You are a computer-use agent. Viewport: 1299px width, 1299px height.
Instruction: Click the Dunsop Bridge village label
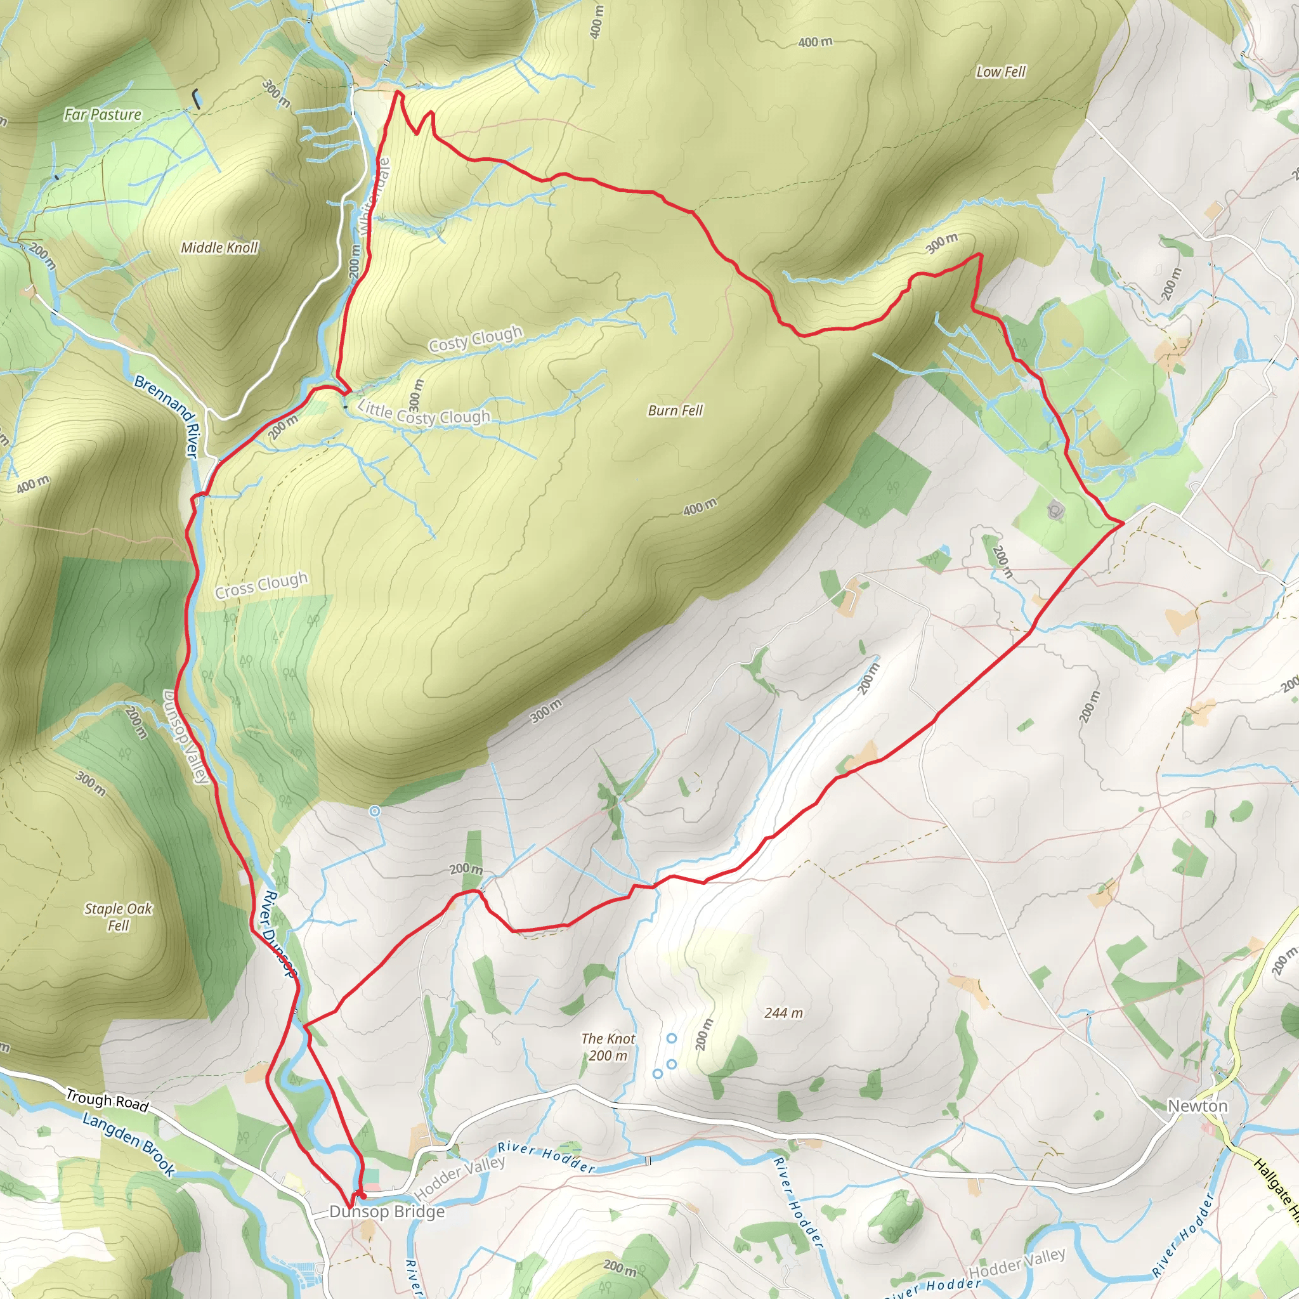pos(387,1211)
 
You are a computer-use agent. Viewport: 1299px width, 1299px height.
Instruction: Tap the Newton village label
pos(1198,1106)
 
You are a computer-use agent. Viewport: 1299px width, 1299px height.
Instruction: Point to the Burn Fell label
pos(675,410)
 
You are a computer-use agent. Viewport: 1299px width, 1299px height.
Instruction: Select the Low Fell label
pos(1000,71)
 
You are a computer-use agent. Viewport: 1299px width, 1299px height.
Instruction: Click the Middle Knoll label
pos(219,247)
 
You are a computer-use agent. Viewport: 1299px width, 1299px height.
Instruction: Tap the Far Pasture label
pos(103,114)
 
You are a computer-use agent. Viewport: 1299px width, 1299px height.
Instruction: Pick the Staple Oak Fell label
pos(119,917)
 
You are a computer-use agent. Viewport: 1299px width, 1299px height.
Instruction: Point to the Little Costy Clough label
pos(424,413)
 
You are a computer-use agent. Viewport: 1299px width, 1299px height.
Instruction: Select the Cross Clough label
pos(261,585)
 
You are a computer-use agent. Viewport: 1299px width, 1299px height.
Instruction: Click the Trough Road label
pos(107,1100)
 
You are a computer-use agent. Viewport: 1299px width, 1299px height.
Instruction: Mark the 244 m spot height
pos(783,1012)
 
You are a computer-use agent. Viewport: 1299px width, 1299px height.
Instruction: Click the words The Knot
pos(608,1039)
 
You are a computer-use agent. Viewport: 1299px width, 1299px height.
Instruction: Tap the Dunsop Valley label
pos(185,736)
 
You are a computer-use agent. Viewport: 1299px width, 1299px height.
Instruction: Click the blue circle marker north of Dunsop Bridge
pos(374,811)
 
